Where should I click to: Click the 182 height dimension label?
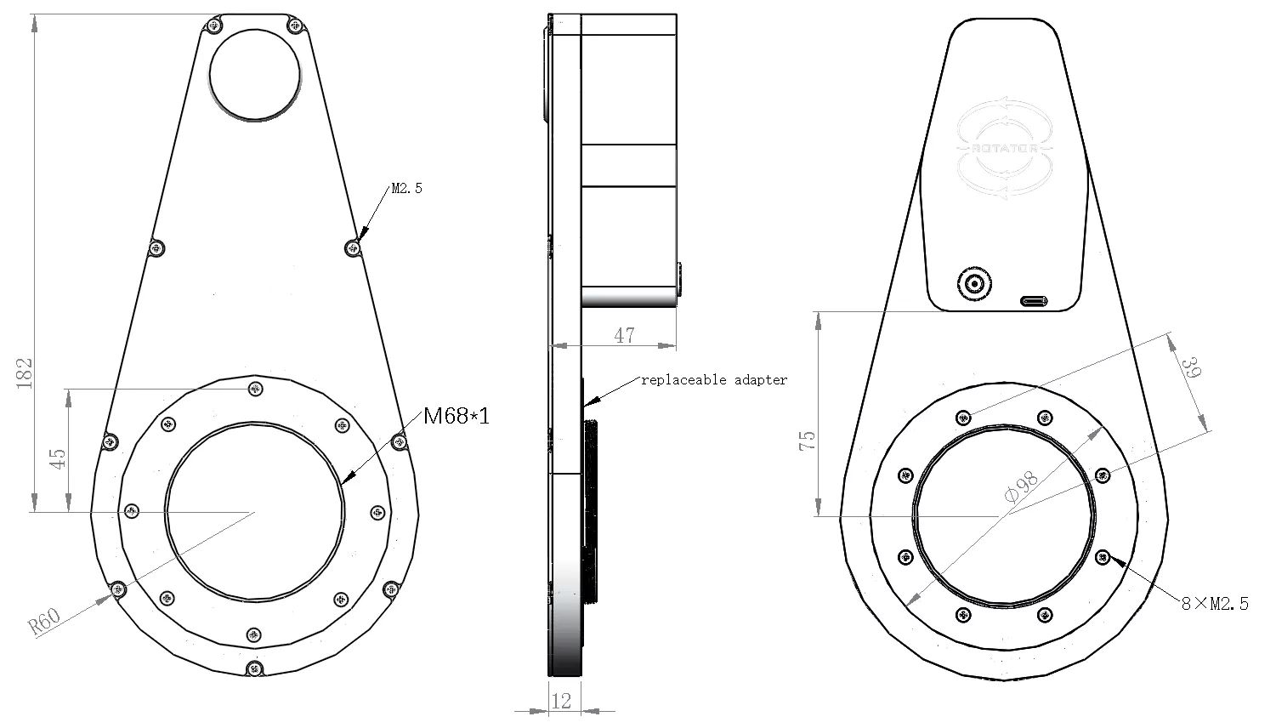click(x=24, y=373)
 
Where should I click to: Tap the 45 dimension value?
click(x=58, y=458)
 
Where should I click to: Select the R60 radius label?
click(x=44, y=622)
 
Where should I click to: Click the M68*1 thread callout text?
click(x=457, y=416)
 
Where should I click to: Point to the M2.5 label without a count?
click(x=406, y=189)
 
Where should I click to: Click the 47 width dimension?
click(x=624, y=335)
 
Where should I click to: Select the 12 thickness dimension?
click(x=561, y=701)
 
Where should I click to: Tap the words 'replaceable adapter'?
click(x=714, y=379)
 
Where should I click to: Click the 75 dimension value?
click(x=808, y=441)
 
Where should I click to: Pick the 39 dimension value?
click(x=1191, y=367)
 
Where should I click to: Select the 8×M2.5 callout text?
click(x=1215, y=604)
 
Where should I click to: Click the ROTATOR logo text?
click(x=1005, y=148)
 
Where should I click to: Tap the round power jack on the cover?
click(x=975, y=282)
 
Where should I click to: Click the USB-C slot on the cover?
click(x=1034, y=301)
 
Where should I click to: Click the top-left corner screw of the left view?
click(x=213, y=25)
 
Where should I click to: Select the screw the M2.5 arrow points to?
click(x=353, y=248)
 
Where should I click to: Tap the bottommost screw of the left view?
click(x=255, y=668)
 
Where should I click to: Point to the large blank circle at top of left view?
click(x=255, y=75)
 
